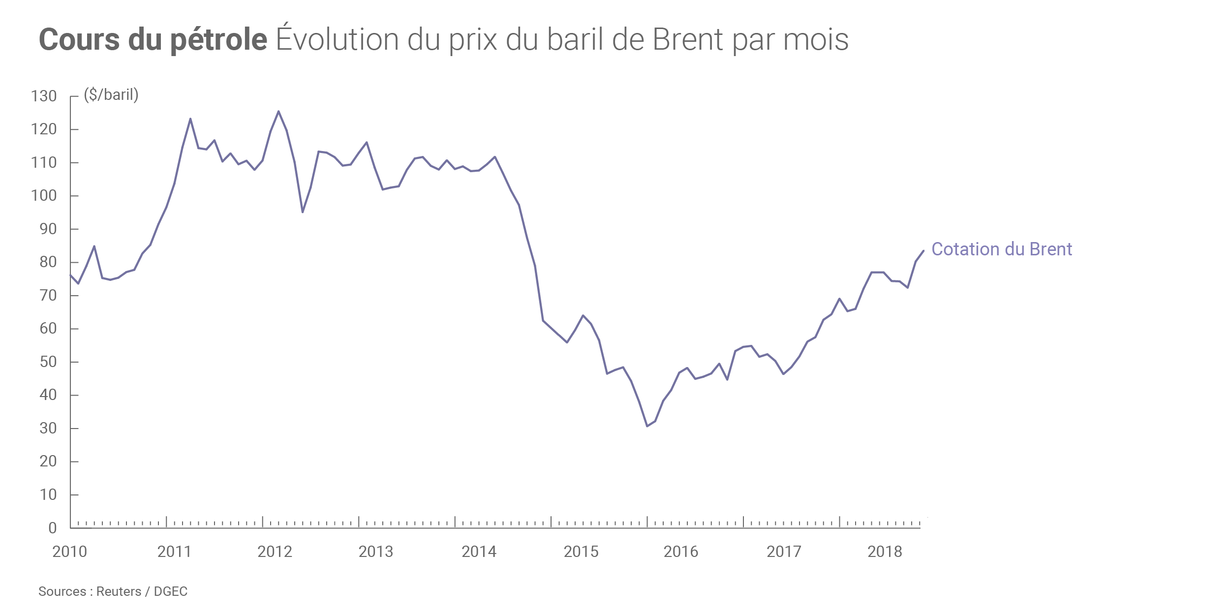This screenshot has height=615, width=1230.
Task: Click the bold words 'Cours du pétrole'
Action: (153, 39)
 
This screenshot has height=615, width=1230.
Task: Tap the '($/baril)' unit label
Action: (111, 94)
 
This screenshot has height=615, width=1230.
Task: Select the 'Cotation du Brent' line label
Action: (1002, 249)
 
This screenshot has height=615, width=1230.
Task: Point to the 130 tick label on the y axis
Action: (44, 96)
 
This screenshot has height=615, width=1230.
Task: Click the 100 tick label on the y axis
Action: (44, 196)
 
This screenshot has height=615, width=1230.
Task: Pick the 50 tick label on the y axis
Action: (48, 362)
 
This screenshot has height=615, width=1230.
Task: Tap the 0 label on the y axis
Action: (53, 528)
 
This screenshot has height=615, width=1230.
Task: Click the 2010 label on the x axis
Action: (69, 552)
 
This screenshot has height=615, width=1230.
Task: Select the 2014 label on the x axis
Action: (479, 552)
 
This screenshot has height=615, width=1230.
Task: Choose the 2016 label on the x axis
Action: (681, 552)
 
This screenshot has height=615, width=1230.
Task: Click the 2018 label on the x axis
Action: (885, 552)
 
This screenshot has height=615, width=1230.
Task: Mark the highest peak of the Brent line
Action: (278, 111)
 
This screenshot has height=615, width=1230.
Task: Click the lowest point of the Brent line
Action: (647, 426)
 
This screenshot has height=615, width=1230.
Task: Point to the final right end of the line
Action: (923, 251)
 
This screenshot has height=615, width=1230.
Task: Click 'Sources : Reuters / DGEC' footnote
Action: (113, 591)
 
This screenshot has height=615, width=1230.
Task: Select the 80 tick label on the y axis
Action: (48, 262)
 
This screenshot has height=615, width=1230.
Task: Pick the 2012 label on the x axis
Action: (275, 552)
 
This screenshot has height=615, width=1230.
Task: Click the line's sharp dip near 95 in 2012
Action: (303, 212)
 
